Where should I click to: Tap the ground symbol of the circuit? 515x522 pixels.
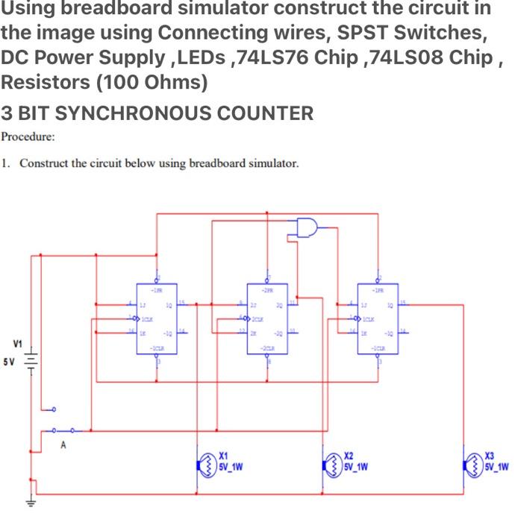pos(31,503)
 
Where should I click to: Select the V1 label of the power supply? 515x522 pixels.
pos(16,344)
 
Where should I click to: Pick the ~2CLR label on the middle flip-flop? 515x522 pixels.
pos(268,348)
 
